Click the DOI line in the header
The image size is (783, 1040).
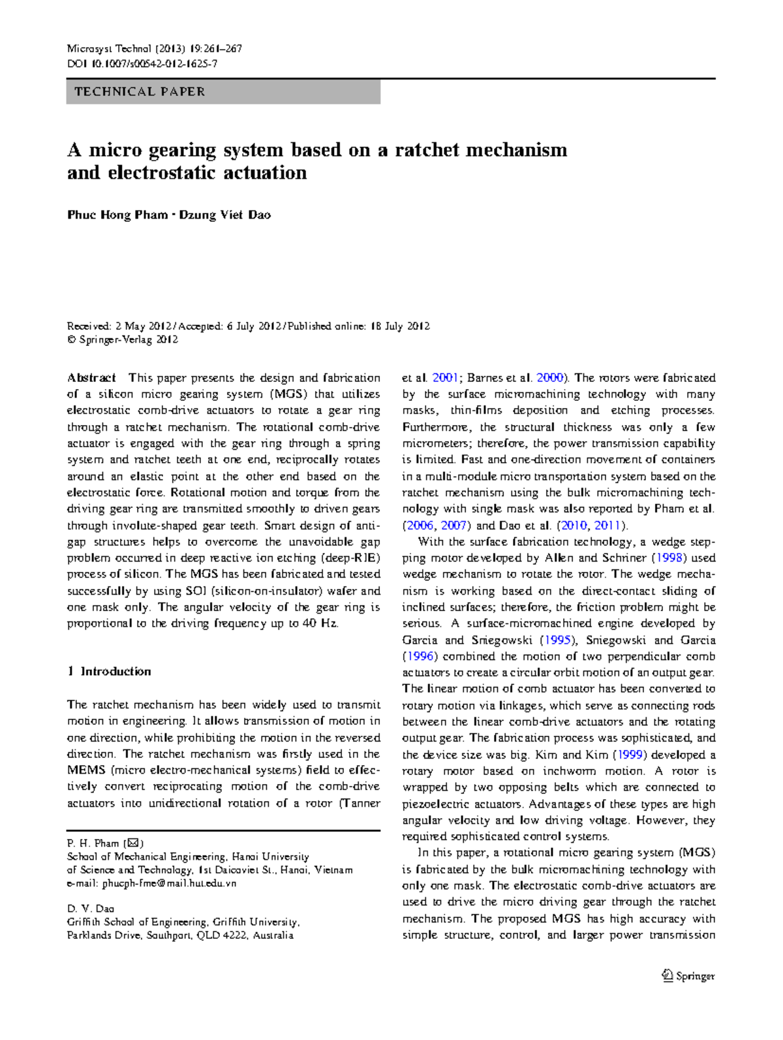coord(142,64)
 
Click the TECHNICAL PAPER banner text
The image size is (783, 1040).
coord(140,92)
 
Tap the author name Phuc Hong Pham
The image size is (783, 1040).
coord(117,215)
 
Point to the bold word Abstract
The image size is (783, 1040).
coord(91,378)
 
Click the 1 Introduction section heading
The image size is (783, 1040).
coord(109,672)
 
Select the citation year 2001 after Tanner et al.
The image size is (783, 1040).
coord(445,378)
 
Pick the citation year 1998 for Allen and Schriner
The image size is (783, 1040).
coord(670,558)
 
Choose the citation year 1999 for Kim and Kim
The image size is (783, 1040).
coord(630,755)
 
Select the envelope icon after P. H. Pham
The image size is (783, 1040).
coord(133,843)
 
